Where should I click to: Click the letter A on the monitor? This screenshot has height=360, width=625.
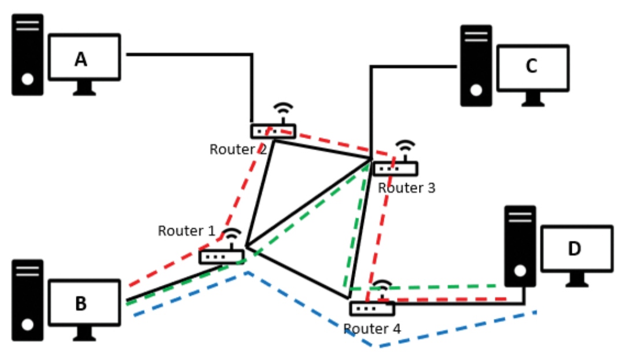(81, 58)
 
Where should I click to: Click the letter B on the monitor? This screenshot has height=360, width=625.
(81, 303)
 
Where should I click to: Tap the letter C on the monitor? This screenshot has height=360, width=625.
(531, 66)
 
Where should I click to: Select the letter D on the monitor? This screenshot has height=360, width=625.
(574, 248)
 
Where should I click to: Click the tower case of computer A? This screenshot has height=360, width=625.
(27, 54)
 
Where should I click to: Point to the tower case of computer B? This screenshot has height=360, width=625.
(27, 300)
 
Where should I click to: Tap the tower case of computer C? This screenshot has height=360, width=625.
(476, 65)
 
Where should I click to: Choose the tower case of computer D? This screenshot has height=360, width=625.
(520, 246)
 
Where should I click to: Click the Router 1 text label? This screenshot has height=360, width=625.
(186, 231)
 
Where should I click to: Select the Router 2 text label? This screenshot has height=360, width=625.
(238, 149)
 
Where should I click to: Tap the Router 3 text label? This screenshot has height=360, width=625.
(406, 188)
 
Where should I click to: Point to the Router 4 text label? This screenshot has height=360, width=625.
(372, 329)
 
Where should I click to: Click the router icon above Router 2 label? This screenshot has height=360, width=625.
(273, 131)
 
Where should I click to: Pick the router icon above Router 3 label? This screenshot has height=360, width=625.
(395, 168)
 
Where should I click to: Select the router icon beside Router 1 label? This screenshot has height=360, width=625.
(222, 256)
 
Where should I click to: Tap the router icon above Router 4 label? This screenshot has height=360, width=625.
(372, 308)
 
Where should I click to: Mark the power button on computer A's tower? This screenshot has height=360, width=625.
(27, 79)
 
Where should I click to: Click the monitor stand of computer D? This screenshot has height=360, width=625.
(576, 280)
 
